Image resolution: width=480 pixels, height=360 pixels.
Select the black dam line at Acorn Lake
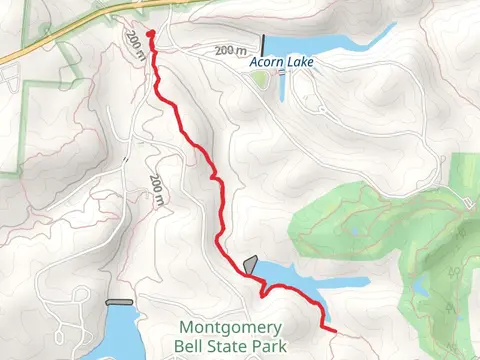[263, 45]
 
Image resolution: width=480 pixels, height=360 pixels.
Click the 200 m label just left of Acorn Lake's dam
[229, 50]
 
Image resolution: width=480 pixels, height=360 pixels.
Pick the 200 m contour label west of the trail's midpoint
[156, 189]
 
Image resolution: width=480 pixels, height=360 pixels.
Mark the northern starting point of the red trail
[150, 34]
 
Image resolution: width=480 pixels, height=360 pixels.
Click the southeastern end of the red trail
[332, 327]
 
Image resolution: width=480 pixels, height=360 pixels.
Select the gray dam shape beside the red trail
[250, 264]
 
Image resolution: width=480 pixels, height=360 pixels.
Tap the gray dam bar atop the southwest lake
[119, 301]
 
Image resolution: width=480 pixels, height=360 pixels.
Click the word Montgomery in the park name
[231, 327]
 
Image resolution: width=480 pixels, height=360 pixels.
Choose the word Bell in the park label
[192, 346]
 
